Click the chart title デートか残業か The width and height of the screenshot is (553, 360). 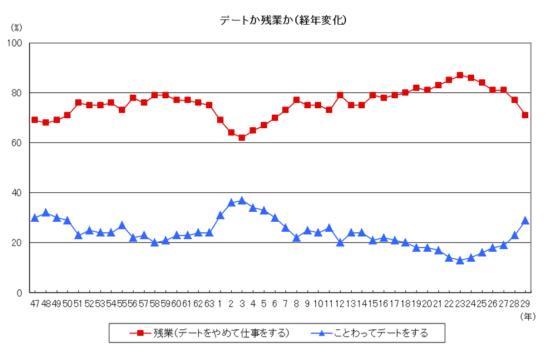(283, 20)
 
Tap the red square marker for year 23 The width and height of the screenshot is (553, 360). (460, 75)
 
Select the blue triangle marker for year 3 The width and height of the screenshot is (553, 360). (242, 201)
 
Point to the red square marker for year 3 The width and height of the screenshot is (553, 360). (242, 138)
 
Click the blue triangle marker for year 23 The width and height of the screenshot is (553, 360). (460, 260)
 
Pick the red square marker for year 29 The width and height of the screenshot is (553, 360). (525, 115)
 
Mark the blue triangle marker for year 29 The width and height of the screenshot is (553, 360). (525, 221)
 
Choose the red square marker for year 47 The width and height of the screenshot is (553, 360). (35, 120)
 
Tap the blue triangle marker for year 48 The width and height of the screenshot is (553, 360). (46, 213)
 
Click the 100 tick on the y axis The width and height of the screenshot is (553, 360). (15, 43)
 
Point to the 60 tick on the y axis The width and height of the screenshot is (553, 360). (17, 143)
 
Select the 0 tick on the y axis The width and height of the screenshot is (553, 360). (19, 293)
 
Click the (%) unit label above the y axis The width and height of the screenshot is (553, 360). (16, 27)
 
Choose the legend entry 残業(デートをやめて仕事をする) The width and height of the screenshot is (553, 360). (209, 333)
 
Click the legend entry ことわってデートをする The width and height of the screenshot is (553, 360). (370, 333)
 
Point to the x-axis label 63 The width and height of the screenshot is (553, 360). (209, 304)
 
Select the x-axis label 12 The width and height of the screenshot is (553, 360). (340, 304)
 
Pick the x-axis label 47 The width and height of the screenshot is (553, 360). (35, 304)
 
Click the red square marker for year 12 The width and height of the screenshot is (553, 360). (340, 95)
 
